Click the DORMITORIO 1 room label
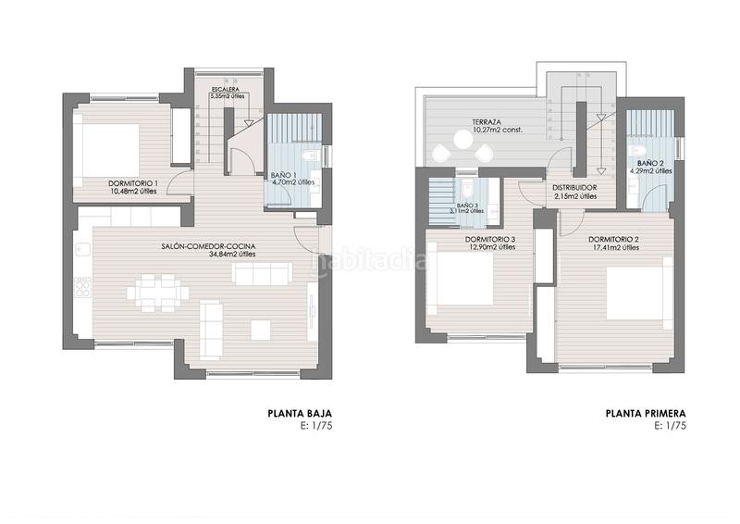(130, 183)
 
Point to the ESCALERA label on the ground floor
(225, 89)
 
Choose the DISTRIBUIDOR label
(574, 188)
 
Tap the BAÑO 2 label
(648, 163)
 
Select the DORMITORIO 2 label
(614, 239)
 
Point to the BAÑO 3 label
(466, 206)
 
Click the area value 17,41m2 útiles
(614, 248)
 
